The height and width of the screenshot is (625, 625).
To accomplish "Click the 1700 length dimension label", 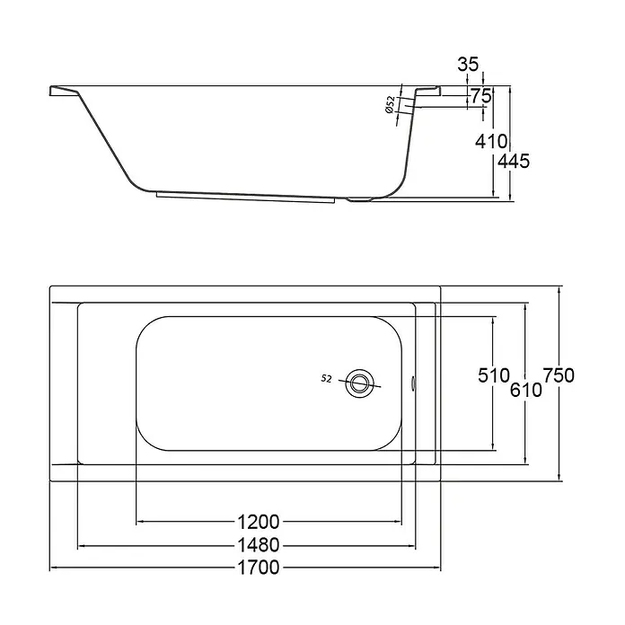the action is pyautogui.click(x=259, y=568).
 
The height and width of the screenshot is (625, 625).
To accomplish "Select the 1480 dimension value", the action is pyautogui.click(x=259, y=545).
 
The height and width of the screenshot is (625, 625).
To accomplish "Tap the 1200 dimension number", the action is pyautogui.click(x=259, y=522).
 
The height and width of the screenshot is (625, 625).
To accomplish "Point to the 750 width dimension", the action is pyautogui.click(x=559, y=375).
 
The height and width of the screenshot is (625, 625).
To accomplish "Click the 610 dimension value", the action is pyautogui.click(x=526, y=390).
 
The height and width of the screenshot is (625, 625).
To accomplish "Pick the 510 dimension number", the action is pyautogui.click(x=494, y=375).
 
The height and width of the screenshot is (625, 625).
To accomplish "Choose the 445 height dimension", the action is pyautogui.click(x=515, y=161).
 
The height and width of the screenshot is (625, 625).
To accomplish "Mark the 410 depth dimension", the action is pyautogui.click(x=491, y=141).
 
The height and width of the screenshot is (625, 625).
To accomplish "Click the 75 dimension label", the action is pyautogui.click(x=480, y=96).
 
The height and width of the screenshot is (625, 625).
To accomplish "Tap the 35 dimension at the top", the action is pyautogui.click(x=468, y=64).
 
